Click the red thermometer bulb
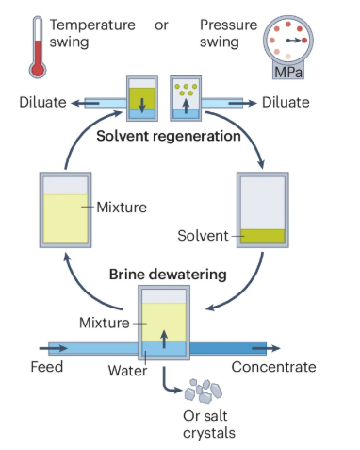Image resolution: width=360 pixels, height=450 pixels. [38, 70]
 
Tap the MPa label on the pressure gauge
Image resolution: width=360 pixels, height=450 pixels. [288, 73]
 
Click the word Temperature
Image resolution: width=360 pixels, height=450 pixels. [92, 25]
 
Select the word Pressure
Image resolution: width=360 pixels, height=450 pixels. [228, 25]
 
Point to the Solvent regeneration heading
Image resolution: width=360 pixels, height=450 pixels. [169, 136]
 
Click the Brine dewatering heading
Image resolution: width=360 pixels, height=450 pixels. [168, 275]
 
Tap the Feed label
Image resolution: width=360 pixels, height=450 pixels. [47, 367]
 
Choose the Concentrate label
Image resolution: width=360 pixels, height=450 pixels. [273, 367]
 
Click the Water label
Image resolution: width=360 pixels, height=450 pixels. [127, 371]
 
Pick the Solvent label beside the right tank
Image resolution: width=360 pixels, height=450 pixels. [203, 236]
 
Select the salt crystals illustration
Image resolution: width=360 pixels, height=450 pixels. [204, 391]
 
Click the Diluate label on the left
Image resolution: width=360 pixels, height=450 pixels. [42, 102]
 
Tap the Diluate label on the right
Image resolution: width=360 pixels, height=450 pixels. [286, 102]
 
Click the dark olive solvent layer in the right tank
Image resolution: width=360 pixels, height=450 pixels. [262, 236]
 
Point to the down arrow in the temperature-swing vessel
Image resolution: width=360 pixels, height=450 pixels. [142, 105]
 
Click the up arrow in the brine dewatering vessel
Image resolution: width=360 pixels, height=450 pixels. [164, 339]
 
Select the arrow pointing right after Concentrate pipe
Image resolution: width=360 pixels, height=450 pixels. [266, 348]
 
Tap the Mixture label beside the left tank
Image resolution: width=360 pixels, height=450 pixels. [122, 208]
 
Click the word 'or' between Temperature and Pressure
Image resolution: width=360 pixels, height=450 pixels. [161, 25]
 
